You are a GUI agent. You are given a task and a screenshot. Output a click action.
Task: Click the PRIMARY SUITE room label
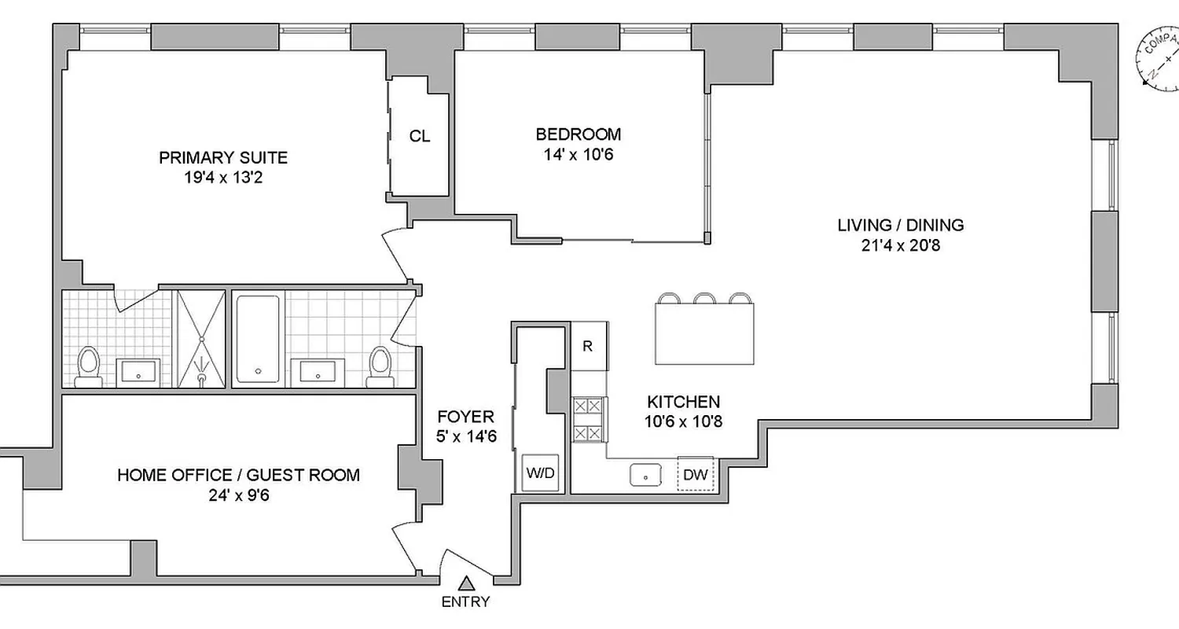point(223,157)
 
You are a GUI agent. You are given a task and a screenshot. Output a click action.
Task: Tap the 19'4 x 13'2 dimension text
point(223,178)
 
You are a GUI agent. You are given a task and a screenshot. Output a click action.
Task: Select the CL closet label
point(420,136)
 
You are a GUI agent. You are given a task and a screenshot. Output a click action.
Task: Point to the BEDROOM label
point(578,134)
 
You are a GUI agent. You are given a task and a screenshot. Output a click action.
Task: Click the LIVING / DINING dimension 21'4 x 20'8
point(900,245)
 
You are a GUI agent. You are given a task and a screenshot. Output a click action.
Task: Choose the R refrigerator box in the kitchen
point(588,346)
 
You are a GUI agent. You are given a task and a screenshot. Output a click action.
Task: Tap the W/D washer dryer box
point(540,473)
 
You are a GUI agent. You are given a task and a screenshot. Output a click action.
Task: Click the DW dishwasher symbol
point(695,474)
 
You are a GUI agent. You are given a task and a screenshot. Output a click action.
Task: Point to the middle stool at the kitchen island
point(703,298)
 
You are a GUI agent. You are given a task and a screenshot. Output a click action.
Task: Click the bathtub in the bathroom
point(257,338)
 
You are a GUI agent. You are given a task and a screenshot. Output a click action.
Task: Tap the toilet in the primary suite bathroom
point(89,368)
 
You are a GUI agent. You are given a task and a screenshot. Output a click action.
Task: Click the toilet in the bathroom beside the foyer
point(381,366)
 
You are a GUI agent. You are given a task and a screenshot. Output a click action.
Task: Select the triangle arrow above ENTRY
point(466,583)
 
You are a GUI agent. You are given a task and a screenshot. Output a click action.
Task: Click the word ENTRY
point(465,602)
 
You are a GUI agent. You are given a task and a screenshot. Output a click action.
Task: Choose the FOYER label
point(466,417)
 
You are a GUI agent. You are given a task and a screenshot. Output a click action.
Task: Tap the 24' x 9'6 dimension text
point(238,495)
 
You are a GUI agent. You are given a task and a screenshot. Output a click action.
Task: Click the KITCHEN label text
point(683,401)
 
